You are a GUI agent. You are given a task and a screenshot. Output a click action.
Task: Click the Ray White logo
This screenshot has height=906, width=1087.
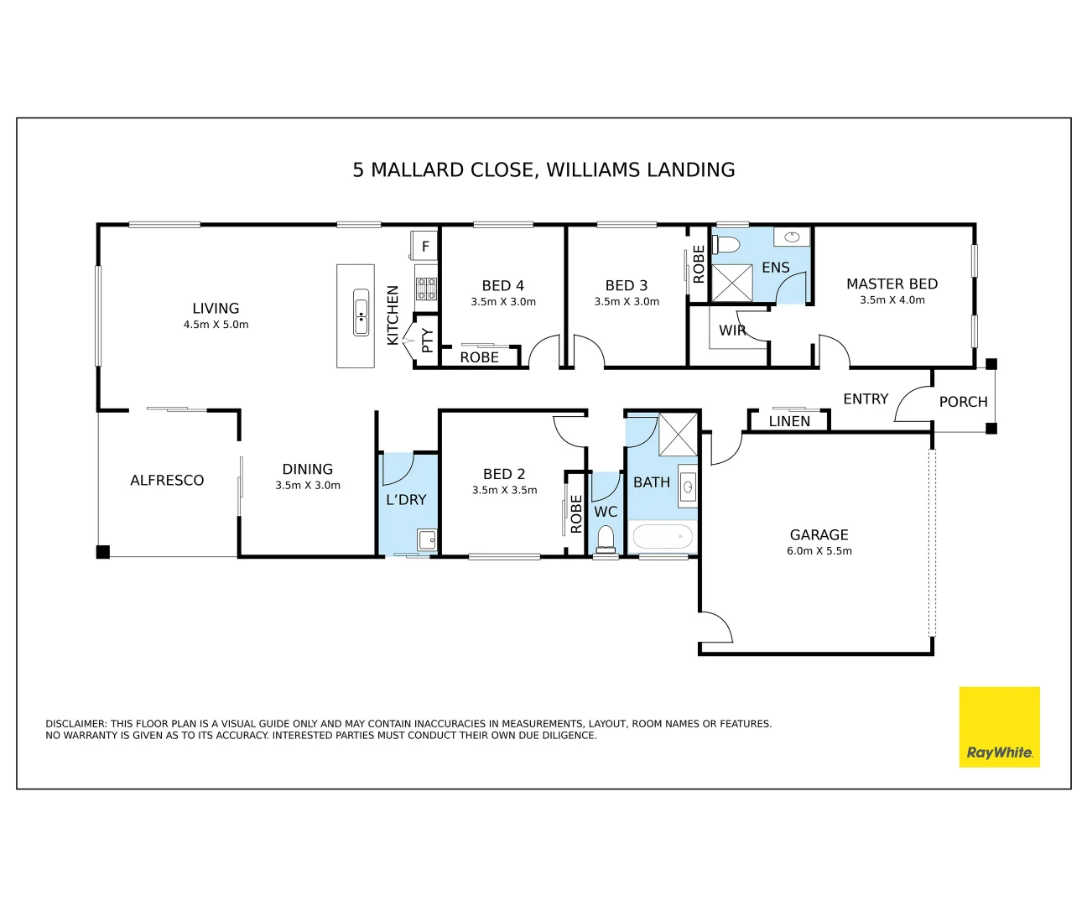[999, 726]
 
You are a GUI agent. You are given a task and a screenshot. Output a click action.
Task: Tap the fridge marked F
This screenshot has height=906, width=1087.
[424, 245]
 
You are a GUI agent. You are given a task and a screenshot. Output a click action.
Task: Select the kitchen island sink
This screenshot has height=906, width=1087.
[361, 312]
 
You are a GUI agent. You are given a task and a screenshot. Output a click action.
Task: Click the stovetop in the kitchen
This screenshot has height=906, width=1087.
[426, 289]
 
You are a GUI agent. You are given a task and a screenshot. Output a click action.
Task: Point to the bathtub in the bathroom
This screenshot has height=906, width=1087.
[663, 537]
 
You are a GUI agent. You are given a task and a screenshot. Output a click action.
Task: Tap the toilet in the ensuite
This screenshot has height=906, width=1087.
[726, 243]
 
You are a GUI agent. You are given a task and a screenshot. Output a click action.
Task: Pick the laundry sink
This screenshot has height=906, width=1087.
[428, 540]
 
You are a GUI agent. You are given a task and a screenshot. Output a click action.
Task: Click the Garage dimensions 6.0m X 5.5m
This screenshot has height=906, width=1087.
[819, 551]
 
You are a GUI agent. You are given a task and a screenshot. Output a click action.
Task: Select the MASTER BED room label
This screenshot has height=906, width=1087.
[892, 284]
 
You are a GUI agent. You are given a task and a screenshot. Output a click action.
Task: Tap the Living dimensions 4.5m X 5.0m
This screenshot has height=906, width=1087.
[216, 325]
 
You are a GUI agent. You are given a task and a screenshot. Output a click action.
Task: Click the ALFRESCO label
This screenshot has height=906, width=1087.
[167, 480]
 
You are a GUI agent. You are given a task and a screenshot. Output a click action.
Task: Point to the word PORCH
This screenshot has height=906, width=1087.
[963, 402]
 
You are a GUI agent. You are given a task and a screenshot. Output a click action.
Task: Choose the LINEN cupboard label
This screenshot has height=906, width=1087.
[789, 421]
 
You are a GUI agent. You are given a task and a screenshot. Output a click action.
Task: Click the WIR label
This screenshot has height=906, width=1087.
[732, 331]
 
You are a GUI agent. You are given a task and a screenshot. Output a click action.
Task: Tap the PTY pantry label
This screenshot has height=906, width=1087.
[428, 340]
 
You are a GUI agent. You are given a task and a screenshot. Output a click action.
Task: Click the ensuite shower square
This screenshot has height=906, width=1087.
[732, 283]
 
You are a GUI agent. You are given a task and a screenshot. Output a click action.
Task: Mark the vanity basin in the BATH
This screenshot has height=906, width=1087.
[687, 487]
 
